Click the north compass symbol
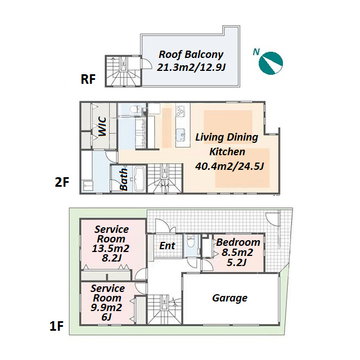coord(271,63)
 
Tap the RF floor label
coord(88,79)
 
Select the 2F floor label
coord(62,182)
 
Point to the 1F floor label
coord(56,326)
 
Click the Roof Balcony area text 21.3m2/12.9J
coord(191,67)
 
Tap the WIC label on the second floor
coord(102,127)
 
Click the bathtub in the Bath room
coord(139,179)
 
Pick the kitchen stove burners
coord(180,111)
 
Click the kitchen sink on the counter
coord(181,135)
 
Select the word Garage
coord(230,298)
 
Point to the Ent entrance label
coord(168,246)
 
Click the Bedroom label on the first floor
coord(238,242)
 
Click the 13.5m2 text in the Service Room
coord(111,249)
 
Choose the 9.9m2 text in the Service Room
coord(106,308)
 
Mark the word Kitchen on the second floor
coord(227,152)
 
